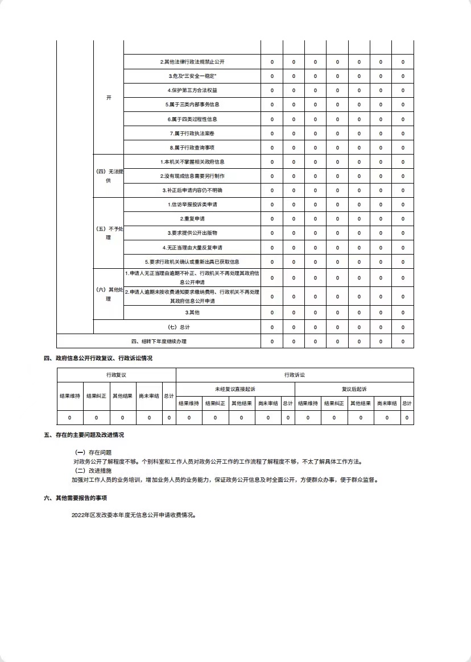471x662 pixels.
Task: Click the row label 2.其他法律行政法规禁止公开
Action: (x=192, y=62)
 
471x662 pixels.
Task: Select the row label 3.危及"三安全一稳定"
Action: (x=192, y=76)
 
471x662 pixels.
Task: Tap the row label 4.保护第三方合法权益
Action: (x=192, y=90)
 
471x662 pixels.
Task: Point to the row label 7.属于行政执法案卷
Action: (x=192, y=134)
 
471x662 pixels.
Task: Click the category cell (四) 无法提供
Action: (x=109, y=176)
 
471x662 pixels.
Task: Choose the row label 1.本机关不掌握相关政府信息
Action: (x=192, y=162)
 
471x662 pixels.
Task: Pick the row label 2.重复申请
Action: (x=192, y=219)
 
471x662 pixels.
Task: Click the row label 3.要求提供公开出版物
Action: (x=192, y=233)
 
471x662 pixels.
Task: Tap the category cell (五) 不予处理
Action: (x=109, y=233)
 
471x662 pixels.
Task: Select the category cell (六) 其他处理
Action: (x=109, y=294)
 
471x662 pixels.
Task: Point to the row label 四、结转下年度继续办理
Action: (x=159, y=342)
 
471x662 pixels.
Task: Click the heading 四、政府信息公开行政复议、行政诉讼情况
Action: (x=98, y=359)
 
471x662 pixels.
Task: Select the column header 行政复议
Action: (x=116, y=375)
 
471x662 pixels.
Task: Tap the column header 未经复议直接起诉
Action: (x=235, y=389)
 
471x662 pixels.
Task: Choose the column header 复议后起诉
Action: (x=354, y=389)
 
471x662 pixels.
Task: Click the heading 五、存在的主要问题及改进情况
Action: (x=84, y=435)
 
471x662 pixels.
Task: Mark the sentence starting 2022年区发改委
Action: (x=134, y=515)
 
